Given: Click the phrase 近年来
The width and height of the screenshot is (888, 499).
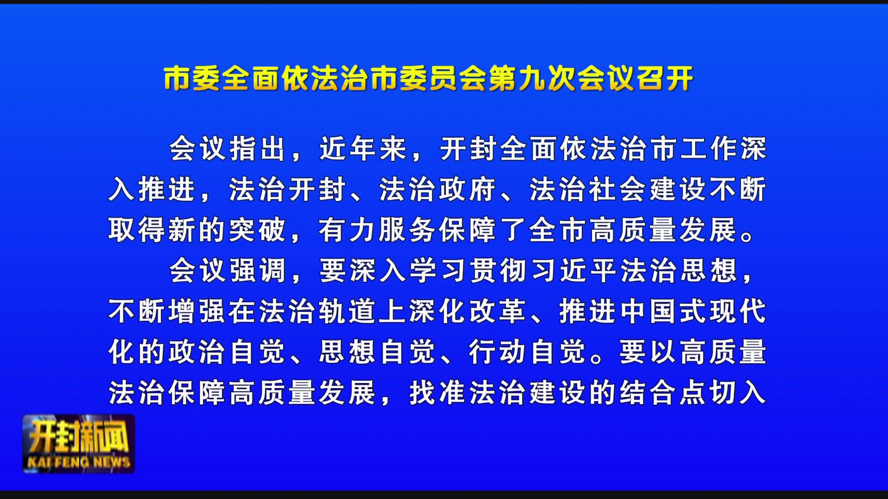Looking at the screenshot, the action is pos(363,149).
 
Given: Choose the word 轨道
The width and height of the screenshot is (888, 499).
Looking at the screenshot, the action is pos(347,311).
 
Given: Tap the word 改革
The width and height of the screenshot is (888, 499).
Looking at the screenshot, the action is pos(498,311).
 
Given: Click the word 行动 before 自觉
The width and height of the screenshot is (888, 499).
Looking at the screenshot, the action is pos(497,352).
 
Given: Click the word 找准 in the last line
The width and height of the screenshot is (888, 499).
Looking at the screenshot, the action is pos(437,393).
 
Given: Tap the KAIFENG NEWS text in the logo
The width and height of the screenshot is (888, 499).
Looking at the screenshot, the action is pos(79,462).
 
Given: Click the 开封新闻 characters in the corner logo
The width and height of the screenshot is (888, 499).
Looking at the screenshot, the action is pos(79,437).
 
